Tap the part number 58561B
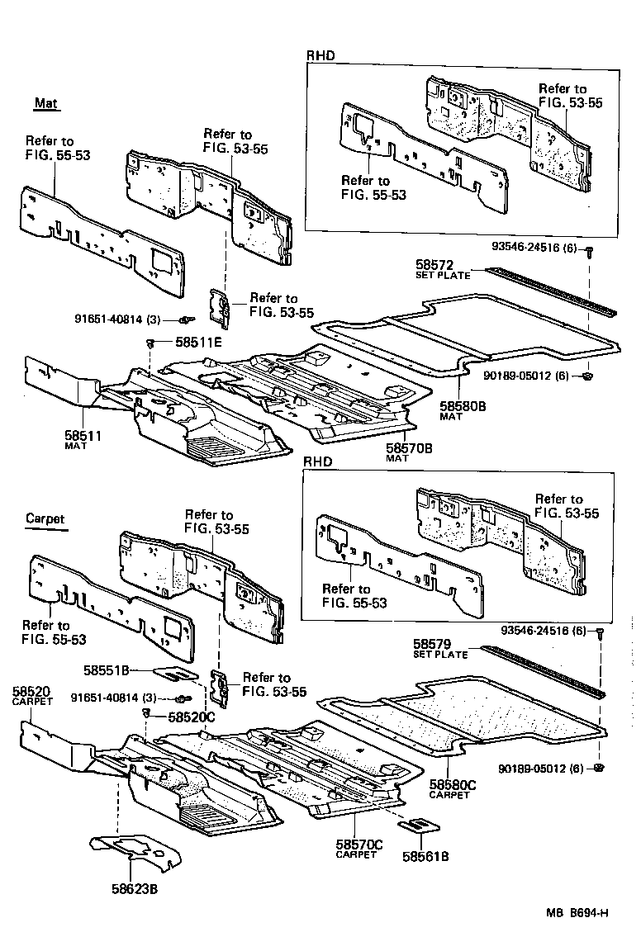pos(425,856)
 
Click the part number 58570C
pos(358,845)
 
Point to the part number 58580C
pos(453,785)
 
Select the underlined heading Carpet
pos(45,518)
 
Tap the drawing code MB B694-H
pos(577,912)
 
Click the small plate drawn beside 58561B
pos(420,826)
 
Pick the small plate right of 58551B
pos(176,674)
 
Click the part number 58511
pos(82,435)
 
